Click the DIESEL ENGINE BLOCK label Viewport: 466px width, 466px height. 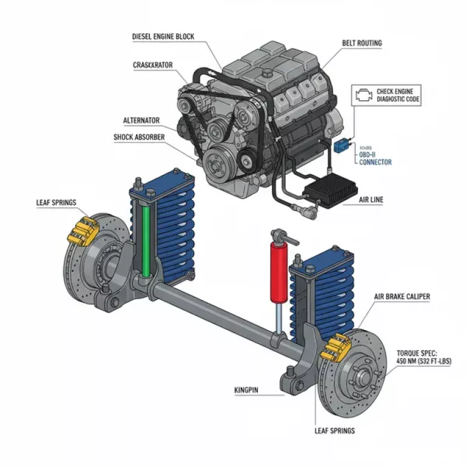coord(163,36)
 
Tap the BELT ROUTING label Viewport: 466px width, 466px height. coord(362,44)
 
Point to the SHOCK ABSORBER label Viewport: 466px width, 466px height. coord(139,137)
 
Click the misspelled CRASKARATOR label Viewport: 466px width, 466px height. coord(154,64)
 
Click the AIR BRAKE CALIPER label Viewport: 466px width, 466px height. coord(402,297)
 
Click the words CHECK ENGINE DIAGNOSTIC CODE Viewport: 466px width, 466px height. coord(397,95)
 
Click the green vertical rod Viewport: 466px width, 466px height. coord(146,240)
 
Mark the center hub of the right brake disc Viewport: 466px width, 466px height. coord(364,378)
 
